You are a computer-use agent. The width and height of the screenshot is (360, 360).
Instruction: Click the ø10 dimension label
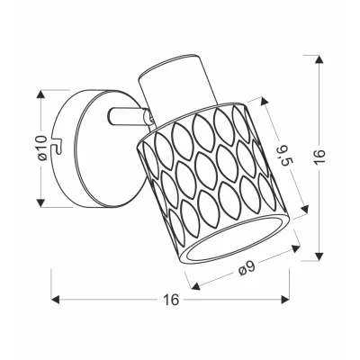pyautogui.click(x=42, y=148)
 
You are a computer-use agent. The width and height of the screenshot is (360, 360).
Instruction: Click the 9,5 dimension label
pyautogui.click(x=283, y=155)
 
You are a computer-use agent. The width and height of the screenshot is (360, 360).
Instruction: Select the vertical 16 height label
pyautogui.click(x=320, y=156)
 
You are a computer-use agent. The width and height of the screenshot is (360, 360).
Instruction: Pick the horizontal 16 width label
pyautogui.click(x=171, y=300)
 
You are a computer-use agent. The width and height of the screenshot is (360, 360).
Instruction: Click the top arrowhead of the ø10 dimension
pyautogui.click(x=40, y=94)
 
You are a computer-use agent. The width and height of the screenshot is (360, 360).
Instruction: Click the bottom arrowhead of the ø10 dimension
pyautogui.click(x=40, y=202)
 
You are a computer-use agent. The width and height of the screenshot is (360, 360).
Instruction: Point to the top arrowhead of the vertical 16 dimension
pyautogui.click(x=319, y=59)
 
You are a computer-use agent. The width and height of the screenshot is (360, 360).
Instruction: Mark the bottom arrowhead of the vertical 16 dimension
pyautogui.click(x=319, y=256)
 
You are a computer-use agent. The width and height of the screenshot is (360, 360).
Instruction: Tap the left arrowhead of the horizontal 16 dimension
pyautogui.click(x=56, y=299)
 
